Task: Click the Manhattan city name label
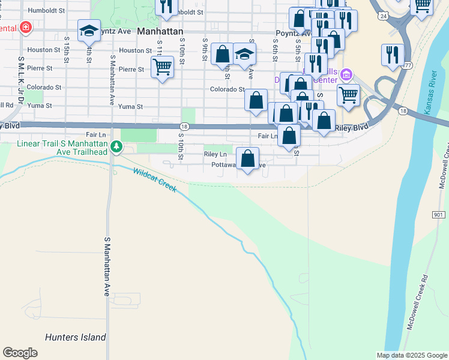[160, 30]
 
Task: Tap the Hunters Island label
[76, 337]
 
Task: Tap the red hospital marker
[25, 28]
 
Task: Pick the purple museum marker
[346, 75]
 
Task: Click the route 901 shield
[438, 214]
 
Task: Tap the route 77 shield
[408, 65]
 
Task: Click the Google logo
[20, 352]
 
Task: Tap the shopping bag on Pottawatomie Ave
[247, 158]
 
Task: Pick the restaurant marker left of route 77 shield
[393, 55]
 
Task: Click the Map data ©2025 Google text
[411, 355]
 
